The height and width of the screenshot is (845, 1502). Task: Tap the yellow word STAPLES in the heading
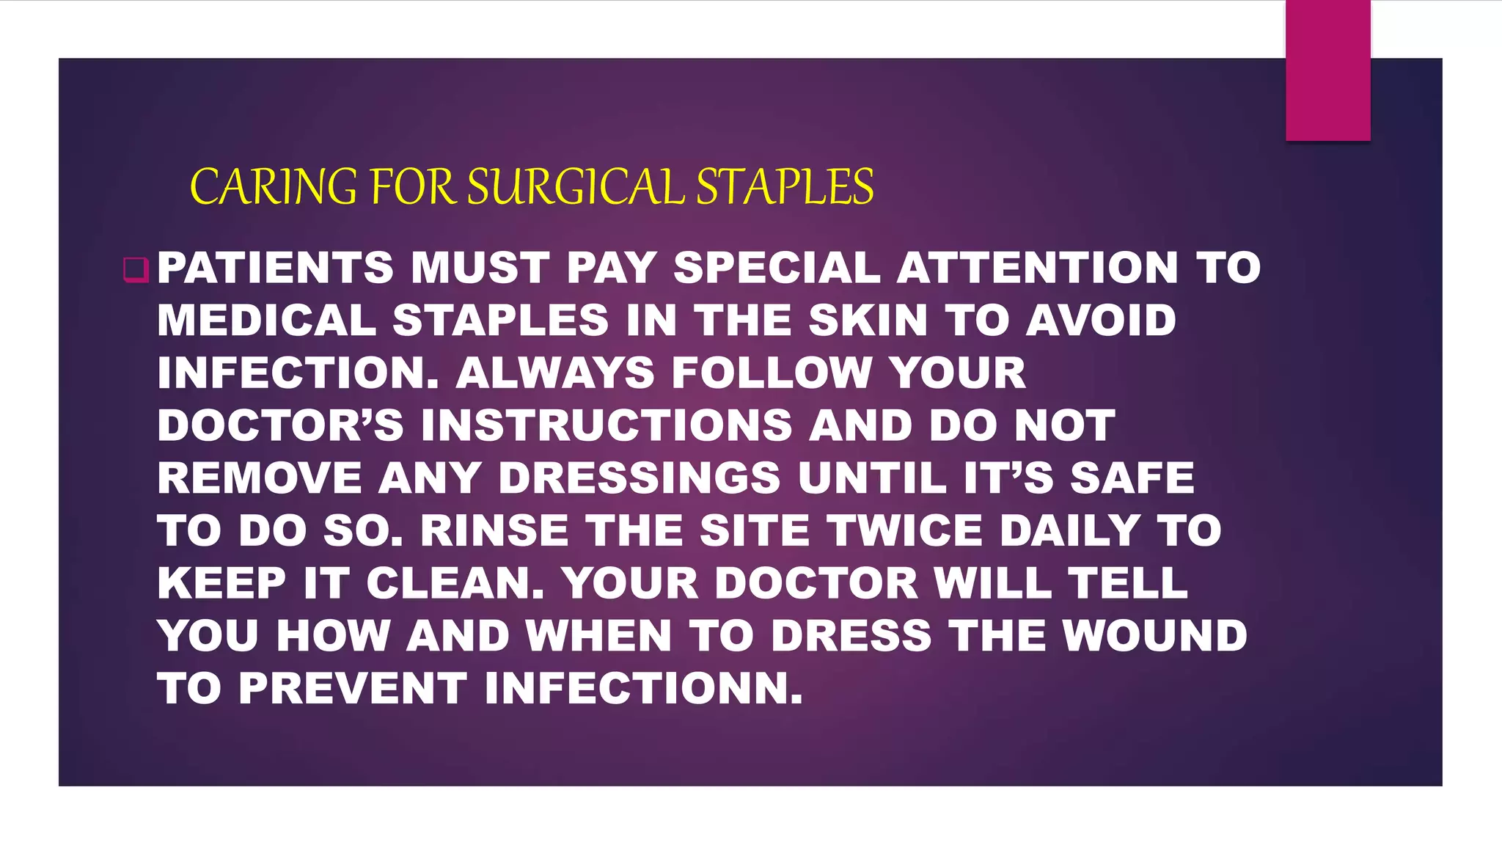[785, 186]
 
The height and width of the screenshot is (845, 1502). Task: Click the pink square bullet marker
[136, 269]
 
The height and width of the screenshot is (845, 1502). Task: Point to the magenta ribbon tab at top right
[1327, 70]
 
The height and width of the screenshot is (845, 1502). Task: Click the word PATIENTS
[276, 268]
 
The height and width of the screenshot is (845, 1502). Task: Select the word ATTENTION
[1037, 268]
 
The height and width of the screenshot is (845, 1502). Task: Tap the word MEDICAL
[267, 321]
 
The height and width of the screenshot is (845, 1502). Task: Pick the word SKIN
[868, 321]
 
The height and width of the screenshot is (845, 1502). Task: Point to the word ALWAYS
[555, 373]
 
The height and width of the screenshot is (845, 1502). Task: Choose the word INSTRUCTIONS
[607, 425]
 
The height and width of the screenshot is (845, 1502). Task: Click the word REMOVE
[260, 478]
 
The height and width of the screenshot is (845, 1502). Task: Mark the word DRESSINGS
[640, 478]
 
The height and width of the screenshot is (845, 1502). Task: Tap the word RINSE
[494, 531]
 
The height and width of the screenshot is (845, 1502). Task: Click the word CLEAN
[455, 584]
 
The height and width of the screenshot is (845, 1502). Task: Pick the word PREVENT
[352, 689]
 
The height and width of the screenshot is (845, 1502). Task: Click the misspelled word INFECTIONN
[643, 689]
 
